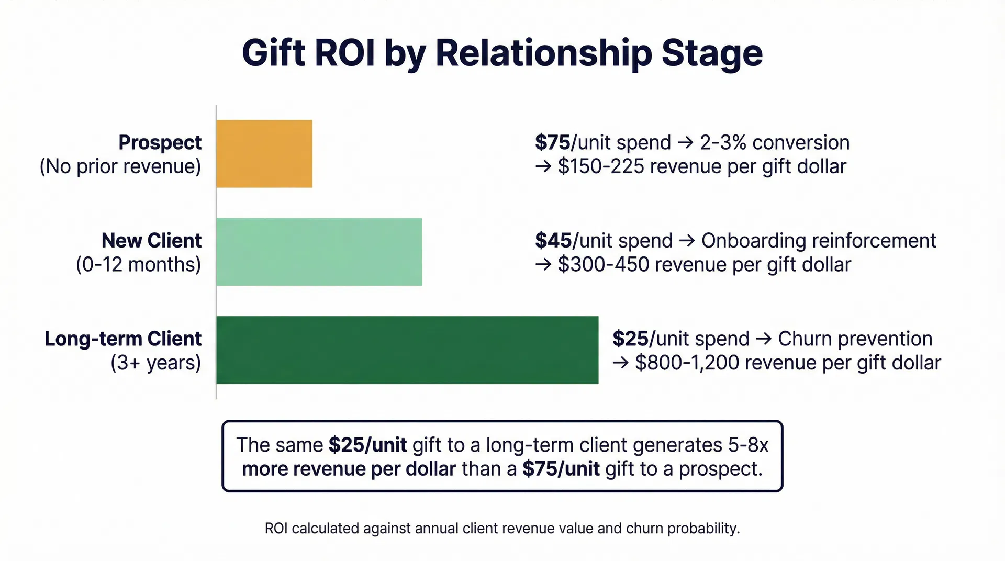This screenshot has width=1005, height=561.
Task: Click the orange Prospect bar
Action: click(x=264, y=154)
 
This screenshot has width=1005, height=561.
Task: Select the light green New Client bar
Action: click(x=319, y=252)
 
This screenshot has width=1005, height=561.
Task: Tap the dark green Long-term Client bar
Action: click(x=407, y=350)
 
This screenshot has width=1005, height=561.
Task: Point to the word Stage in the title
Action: click(x=712, y=53)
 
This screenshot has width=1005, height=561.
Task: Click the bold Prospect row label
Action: click(x=160, y=142)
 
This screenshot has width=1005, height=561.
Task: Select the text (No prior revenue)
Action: click(x=120, y=166)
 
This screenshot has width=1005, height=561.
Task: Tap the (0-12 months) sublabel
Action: click(x=139, y=264)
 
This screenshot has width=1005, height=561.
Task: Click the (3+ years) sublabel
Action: click(x=156, y=363)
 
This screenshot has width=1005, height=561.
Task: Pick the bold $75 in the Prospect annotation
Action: click(x=553, y=142)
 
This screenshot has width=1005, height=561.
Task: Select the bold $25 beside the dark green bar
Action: click(x=630, y=339)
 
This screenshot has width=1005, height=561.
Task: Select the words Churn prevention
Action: click(x=855, y=339)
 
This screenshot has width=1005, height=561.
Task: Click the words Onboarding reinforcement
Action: click(x=818, y=241)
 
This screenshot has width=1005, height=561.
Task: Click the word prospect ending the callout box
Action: click(x=720, y=469)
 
